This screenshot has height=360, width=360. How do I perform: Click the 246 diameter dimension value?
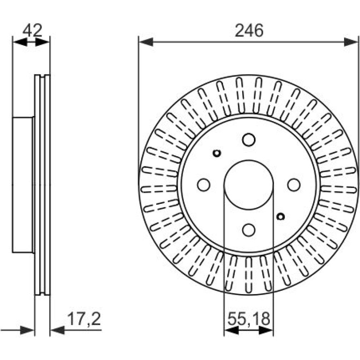[249, 30]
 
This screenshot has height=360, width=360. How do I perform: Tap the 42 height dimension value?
[33, 30]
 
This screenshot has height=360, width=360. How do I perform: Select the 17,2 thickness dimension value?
[84, 319]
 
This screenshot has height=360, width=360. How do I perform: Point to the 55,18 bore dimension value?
[249, 319]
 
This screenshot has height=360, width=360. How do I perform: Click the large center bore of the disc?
[249, 185]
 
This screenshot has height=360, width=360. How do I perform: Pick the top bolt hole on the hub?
[249, 140]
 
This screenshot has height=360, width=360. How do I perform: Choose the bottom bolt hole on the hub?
[249, 230]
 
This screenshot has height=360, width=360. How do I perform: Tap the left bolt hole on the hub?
[204, 185]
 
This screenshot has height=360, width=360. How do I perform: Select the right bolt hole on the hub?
[294, 185]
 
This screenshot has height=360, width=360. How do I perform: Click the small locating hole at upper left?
[217, 153]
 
